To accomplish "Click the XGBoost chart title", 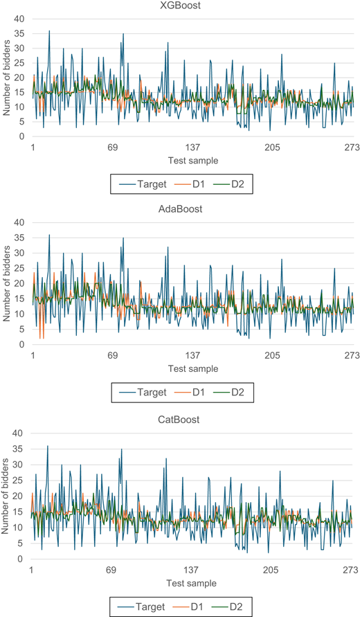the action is click(181, 6).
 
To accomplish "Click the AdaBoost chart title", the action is click(180, 209).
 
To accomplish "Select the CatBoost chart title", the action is click(179, 420).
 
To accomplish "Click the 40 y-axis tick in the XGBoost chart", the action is click(19, 19).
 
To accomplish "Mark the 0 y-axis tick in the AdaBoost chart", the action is click(22, 345).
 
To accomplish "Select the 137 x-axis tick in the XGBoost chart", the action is click(192, 147).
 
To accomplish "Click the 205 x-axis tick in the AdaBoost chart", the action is click(272, 356).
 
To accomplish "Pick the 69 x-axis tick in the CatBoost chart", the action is click(111, 570).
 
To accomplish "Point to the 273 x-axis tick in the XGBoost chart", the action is click(352, 147).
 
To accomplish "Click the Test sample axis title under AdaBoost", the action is click(192, 369).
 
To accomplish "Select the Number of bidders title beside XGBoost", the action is click(6, 78).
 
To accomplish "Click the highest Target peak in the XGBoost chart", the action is click(49, 30).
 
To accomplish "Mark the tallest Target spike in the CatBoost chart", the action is click(48, 446).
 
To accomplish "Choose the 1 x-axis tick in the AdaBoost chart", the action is click(33, 356).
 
